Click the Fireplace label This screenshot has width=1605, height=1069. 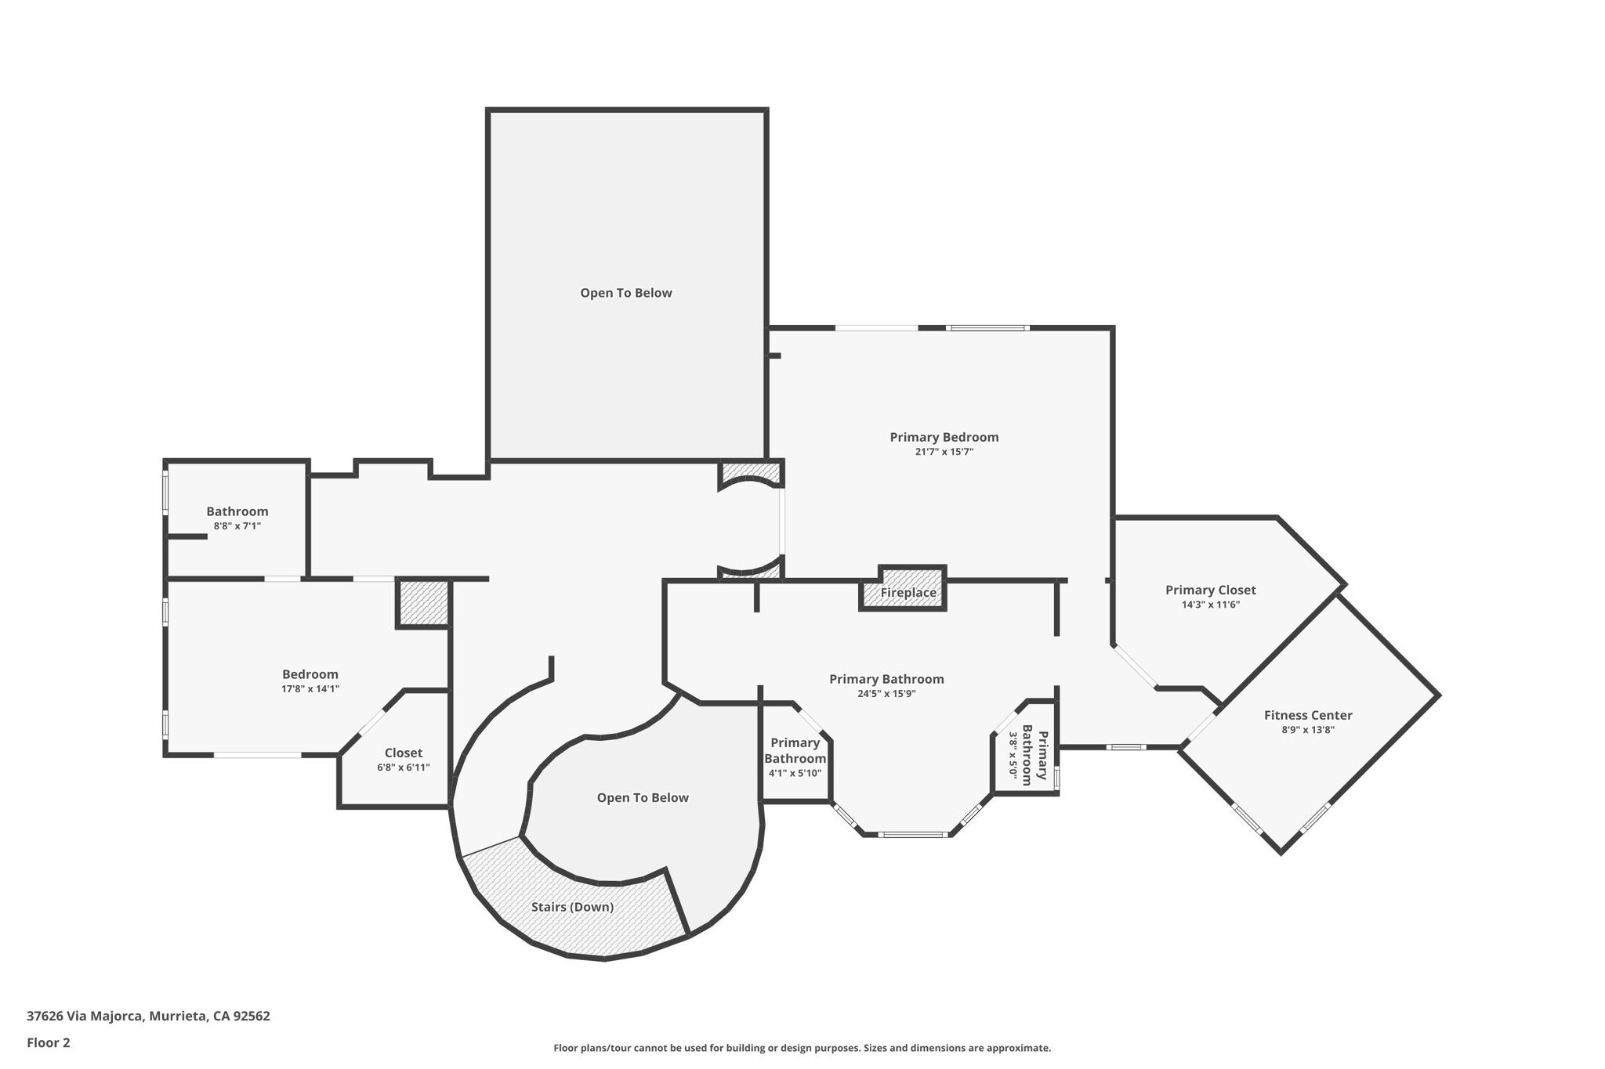908,593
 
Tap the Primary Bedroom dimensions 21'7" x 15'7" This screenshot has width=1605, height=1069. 944,452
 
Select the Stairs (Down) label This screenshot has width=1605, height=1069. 572,907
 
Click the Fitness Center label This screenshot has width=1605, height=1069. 1307,715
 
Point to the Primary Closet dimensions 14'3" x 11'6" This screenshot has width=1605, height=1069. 1210,605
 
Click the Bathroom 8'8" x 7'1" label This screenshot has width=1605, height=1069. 237,511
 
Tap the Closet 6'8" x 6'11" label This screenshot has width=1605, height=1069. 403,753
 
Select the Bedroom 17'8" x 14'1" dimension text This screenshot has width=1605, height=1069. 310,689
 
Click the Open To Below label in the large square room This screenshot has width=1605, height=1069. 625,293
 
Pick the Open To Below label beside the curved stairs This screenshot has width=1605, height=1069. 643,798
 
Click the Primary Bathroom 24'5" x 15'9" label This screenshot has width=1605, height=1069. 886,679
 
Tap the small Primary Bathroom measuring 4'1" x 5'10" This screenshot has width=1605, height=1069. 795,757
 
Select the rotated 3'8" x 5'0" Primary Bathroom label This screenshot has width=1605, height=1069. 1027,755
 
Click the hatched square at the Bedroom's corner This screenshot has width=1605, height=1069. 424,602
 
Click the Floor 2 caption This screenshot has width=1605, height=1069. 49,1042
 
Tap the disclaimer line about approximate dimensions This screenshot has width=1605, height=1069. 802,1048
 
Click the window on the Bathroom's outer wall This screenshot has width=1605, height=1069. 165,492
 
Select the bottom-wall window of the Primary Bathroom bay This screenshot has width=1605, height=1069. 914,835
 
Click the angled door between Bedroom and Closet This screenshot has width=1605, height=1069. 371,723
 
